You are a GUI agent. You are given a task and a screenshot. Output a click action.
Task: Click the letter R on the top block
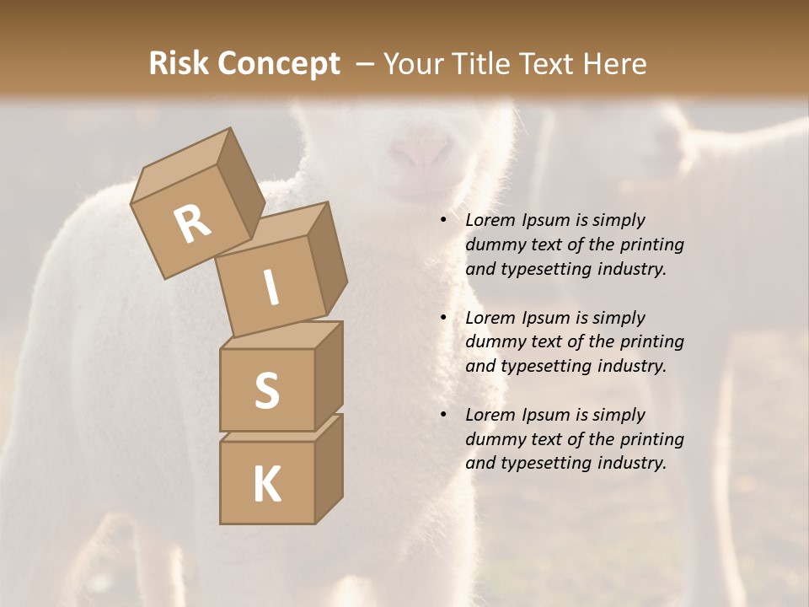[193, 223]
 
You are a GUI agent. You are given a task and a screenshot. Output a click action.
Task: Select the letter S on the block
[266, 390]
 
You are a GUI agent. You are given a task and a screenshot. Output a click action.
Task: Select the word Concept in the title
[279, 63]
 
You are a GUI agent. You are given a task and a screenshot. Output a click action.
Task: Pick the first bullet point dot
[443, 220]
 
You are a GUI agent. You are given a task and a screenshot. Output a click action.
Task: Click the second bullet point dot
[443, 318]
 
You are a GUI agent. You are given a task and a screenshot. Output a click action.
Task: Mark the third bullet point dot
[443, 415]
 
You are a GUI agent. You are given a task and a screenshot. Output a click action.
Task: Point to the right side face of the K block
[329, 468]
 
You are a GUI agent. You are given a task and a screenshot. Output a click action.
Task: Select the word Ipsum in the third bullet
[546, 415]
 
